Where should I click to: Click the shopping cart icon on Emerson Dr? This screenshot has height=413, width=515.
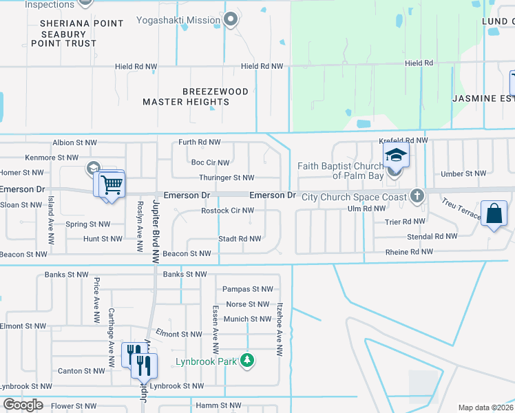pyautogui.click(x=111, y=184)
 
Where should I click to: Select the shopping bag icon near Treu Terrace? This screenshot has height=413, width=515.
pyautogui.click(x=494, y=214)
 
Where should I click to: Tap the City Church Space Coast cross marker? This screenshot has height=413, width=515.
pyautogui.click(x=416, y=196)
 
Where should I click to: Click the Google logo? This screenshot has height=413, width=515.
pyautogui.click(x=22, y=405)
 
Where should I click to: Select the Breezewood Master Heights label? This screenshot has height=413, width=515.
pyautogui.click(x=186, y=96)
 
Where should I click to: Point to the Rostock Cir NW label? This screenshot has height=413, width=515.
pyautogui.click(x=227, y=211)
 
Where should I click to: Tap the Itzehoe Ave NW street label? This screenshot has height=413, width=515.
pyautogui.click(x=280, y=329)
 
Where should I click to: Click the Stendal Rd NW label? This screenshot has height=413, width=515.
pyautogui.click(x=431, y=236)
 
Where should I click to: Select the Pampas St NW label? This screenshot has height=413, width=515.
pyautogui.click(x=247, y=289)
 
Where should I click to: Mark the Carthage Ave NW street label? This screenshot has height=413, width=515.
pyautogui.click(x=111, y=337)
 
